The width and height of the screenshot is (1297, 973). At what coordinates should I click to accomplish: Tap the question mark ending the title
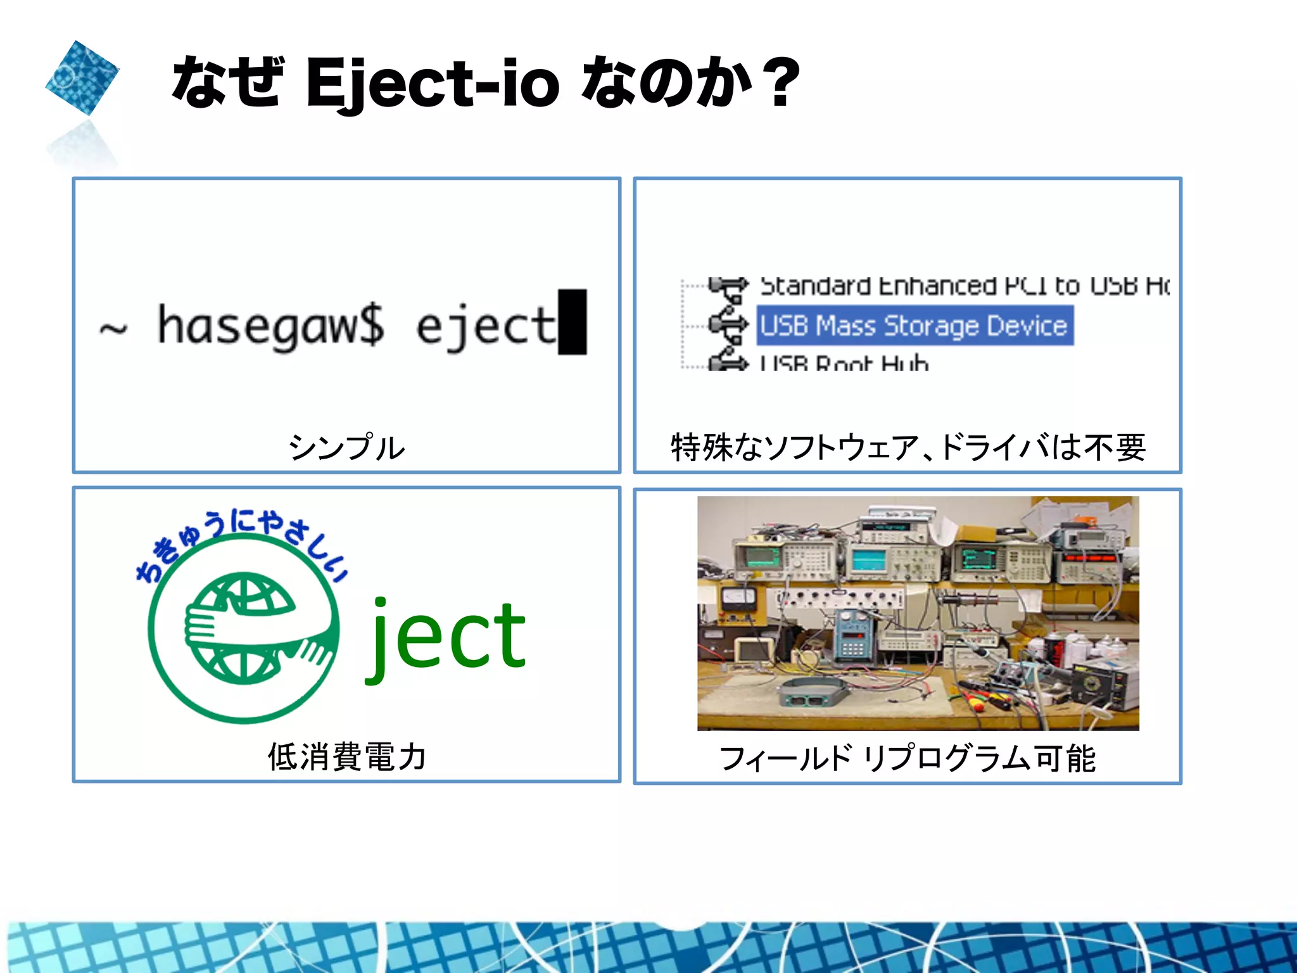coord(781,82)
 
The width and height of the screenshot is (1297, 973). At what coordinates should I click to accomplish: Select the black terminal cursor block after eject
coord(573,322)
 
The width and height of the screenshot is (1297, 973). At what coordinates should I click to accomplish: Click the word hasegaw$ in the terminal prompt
coord(270,326)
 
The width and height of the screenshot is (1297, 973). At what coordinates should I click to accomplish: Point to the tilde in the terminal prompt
coord(113,328)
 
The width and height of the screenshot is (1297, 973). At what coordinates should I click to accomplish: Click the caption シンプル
coord(346,447)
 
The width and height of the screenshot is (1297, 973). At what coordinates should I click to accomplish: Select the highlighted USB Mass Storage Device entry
coord(914,326)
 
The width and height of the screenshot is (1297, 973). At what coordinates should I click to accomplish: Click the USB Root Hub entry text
coord(844,363)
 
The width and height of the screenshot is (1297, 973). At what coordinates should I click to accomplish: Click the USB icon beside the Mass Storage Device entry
coord(728,324)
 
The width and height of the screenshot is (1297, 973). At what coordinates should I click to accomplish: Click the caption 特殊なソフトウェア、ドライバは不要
coord(908,447)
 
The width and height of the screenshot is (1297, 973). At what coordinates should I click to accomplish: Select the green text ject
coord(446,637)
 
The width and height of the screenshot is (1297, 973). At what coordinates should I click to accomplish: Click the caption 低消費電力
coord(346,756)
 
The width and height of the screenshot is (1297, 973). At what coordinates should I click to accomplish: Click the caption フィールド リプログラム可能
coord(908,758)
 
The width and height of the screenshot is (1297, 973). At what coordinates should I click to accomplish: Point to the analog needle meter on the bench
coord(739,597)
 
